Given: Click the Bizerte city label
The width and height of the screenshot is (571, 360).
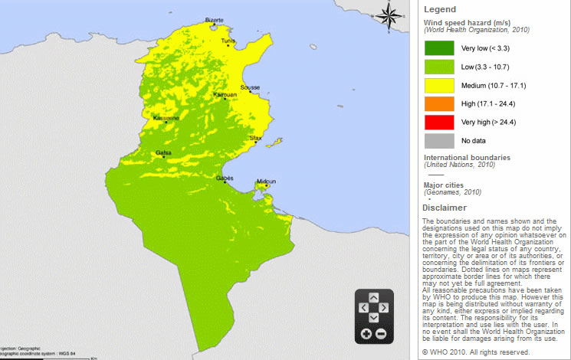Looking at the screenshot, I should coord(215,21).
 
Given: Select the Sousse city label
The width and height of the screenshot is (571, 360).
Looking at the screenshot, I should coord(250,88).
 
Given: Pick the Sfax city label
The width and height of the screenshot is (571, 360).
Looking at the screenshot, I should coord(256,139).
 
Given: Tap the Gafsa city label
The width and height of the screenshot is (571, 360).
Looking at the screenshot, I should coord(163,152).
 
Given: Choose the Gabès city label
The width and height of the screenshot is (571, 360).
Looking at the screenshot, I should coord(225,177).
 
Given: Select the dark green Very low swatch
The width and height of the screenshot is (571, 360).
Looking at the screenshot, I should coord(438,47).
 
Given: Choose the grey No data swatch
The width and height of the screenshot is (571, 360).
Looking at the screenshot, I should coord(438,141).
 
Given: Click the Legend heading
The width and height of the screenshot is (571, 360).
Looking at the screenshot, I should coord(439,9).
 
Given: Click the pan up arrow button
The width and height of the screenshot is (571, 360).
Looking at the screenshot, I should coord(373,296).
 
